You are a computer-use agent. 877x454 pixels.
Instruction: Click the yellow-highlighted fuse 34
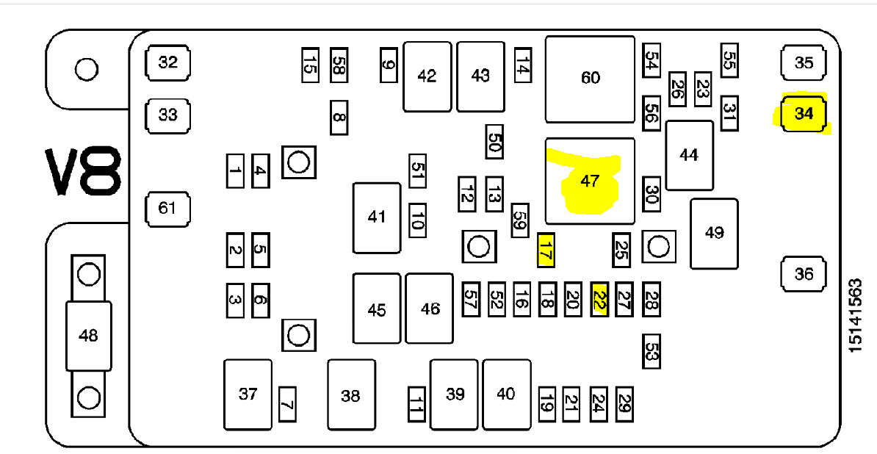point(804,114)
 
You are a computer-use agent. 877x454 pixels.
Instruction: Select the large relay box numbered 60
point(590,79)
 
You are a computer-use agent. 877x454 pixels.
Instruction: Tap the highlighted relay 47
point(590,181)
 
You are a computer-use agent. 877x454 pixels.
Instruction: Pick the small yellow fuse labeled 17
point(546,249)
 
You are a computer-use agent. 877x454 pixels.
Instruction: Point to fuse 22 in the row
point(599,300)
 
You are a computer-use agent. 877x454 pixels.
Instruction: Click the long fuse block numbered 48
point(88,336)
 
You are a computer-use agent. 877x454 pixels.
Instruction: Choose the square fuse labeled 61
point(167,208)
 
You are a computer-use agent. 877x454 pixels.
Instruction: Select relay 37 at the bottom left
point(248,394)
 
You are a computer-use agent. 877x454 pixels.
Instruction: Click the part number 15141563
point(855,315)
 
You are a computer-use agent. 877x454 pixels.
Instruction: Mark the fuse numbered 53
point(651,350)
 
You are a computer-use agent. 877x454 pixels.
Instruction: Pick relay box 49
point(714,233)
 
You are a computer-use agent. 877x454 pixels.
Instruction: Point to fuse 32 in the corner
point(167,62)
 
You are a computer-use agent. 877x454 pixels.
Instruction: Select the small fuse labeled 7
point(287,404)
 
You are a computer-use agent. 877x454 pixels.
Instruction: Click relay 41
point(377,217)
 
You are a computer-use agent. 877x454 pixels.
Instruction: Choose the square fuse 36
point(804,274)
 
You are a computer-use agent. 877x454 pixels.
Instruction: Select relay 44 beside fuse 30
point(689,156)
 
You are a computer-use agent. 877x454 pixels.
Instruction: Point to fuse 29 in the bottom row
point(624,403)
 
